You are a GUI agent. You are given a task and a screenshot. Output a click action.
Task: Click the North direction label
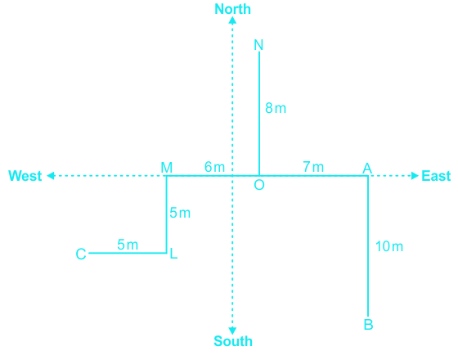[232, 9]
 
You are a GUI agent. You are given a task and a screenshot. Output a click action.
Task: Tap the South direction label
[233, 341]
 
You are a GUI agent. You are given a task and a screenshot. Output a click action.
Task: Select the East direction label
[436, 176]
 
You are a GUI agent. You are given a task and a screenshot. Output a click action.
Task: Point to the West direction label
[25, 176]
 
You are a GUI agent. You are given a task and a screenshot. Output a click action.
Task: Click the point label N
[258, 45]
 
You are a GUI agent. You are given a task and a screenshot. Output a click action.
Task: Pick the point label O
[259, 185]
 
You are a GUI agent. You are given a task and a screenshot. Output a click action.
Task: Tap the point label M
[167, 168]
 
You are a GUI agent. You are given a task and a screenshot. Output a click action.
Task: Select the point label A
[367, 169]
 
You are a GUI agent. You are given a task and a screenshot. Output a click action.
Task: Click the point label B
[368, 325]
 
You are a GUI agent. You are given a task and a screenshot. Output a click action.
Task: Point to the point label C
[81, 254]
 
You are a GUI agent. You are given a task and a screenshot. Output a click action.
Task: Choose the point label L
[173, 254]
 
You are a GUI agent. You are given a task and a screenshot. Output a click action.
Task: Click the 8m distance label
[276, 108]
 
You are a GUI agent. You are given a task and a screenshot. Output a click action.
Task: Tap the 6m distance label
[214, 167]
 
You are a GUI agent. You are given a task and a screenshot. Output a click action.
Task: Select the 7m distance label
[313, 167]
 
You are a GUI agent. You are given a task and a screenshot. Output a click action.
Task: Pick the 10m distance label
[389, 246]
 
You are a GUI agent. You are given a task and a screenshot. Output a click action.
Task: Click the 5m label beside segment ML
[180, 213]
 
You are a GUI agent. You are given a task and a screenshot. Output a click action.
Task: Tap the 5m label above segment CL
[128, 245]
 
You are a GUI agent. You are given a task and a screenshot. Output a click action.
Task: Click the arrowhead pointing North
[232, 20]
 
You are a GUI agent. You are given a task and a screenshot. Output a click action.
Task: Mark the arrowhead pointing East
[415, 176]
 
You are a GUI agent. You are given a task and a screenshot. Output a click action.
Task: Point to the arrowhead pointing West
[51, 176]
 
